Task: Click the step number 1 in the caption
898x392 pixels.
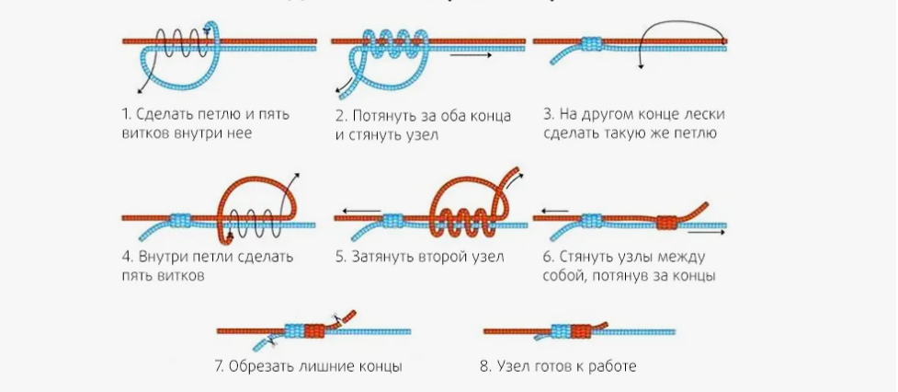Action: coord(126,115)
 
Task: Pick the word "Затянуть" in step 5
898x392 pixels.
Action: coord(383,257)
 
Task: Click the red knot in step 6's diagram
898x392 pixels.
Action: coord(666,222)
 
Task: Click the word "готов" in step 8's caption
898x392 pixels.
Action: coord(555,366)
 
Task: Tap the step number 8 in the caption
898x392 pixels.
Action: coord(483,366)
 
